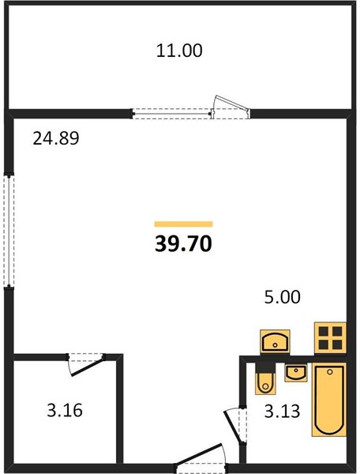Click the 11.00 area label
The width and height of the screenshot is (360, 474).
tap(179, 51)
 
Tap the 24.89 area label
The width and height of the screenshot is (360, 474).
tap(56, 138)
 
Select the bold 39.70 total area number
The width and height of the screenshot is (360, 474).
tap(183, 243)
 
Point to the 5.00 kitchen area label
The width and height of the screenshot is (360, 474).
tap(283, 297)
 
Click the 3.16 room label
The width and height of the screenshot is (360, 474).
tap(65, 411)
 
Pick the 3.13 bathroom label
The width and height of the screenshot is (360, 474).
tap(282, 411)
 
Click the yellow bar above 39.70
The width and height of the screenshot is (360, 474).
tap(184, 224)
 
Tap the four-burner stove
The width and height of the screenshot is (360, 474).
tap(330, 338)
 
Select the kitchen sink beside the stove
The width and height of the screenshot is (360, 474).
tap(276, 342)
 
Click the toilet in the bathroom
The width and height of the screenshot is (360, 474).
tap(265, 378)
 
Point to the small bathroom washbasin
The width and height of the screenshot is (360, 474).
tap(296, 373)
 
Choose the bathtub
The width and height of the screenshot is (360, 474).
tap(329, 400)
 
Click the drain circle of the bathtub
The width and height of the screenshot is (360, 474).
tap(330, 372)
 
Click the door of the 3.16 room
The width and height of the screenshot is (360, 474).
tap(86, 364)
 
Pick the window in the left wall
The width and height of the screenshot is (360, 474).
tap(9, 231)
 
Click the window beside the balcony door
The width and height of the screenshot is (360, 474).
tap(171, 114)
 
